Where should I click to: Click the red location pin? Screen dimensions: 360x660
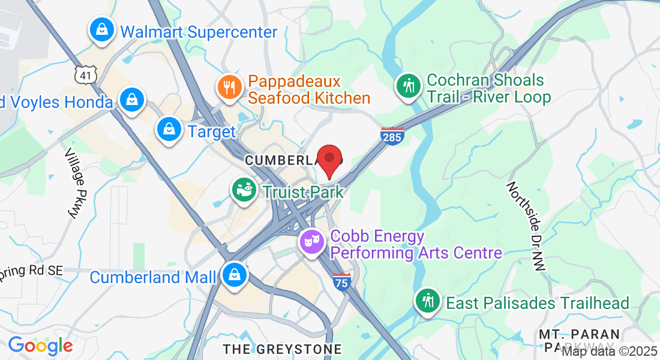pyautogui.click(x=329, y=159)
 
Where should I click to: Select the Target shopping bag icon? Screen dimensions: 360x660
pyautogui.click(x=170, y=129)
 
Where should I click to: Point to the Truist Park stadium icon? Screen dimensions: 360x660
pyautogui.click(x=244, y=191)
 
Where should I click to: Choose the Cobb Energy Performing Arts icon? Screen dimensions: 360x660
pyautogui.click(x=313, y=242)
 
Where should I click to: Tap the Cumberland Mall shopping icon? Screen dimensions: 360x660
pyautogui.click(x=233, y=275)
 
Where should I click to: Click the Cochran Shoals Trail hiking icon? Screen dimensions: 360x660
pyautogui.click(x=409, y=86)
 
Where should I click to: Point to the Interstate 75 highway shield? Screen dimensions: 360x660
pyautogui.click(x=342, y=281)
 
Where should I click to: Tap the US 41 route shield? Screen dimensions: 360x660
pyautogui.click(x=84, y=74)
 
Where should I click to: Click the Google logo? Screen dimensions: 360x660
pyautogui.click(x=40, y=346)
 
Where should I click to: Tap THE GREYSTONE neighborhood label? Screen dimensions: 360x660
pyautogui.click(x=282, y=349)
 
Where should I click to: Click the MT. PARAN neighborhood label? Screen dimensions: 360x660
pyautogui.click(x=579, y=334)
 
